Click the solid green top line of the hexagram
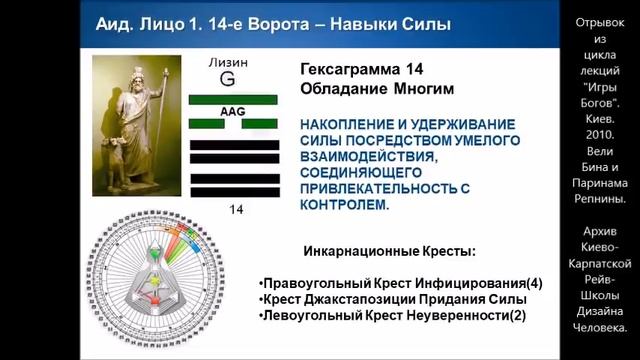tap(233, 100)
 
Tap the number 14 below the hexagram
tap(236, 210)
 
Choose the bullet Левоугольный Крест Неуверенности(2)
tap(390, 316)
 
